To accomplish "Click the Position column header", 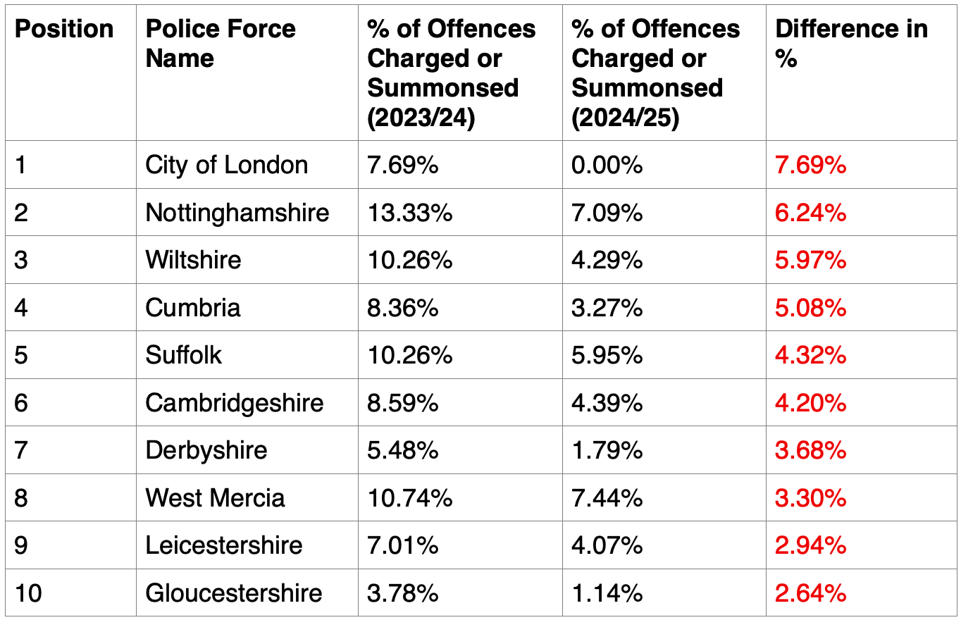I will tap(64, 29).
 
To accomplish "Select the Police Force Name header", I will tap(221, 43).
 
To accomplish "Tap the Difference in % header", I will tap(852, 43).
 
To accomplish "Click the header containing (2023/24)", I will tap(452, 73).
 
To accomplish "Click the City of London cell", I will tap(227, 165).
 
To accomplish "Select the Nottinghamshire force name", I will tap(237, 213).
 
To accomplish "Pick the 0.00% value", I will tap(607, 165).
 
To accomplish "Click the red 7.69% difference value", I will tap(811, 165).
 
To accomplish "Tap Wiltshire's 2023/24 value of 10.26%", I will tap(410, 260).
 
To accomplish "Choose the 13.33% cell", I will tap(410, 213).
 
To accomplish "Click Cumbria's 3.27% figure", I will tap(607, 308).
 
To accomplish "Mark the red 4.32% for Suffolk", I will tap(811, 355).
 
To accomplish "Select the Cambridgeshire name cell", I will tap(235, 403).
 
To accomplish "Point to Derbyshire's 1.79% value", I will tap(607, 450).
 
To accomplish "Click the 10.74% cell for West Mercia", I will tap(410, 498).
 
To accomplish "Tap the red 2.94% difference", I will tap(811, 545).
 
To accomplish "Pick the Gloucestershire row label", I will tap(234, 593).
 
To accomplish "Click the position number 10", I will tap(28, 593).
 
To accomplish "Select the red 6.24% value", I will tap(811, 213).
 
